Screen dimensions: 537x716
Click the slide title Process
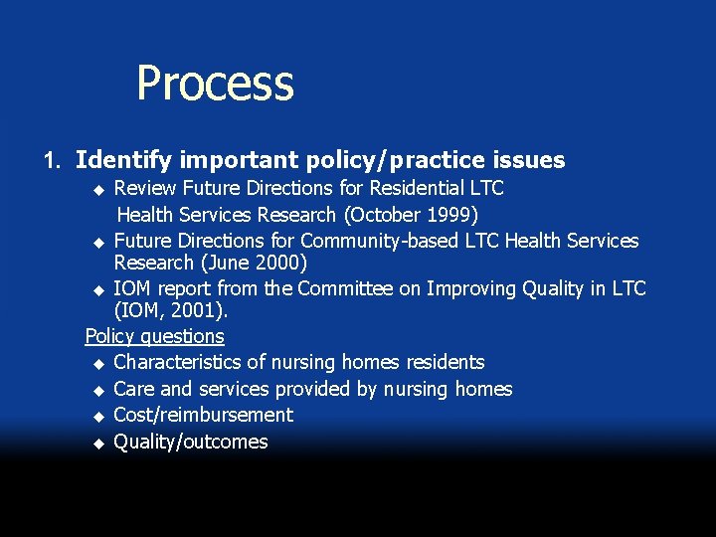click(215, 84)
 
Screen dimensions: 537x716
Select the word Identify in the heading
click(123, 160)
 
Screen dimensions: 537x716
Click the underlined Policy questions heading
click(155, 337)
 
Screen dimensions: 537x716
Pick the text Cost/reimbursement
click(203, 415)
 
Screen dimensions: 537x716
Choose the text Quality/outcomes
click(191, 442)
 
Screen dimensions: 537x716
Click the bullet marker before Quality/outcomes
click(97, 443)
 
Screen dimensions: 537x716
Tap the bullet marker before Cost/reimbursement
click(97, 416)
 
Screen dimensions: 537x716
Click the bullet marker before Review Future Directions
click(97, 189)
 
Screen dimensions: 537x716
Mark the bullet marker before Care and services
click(97, 390)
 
